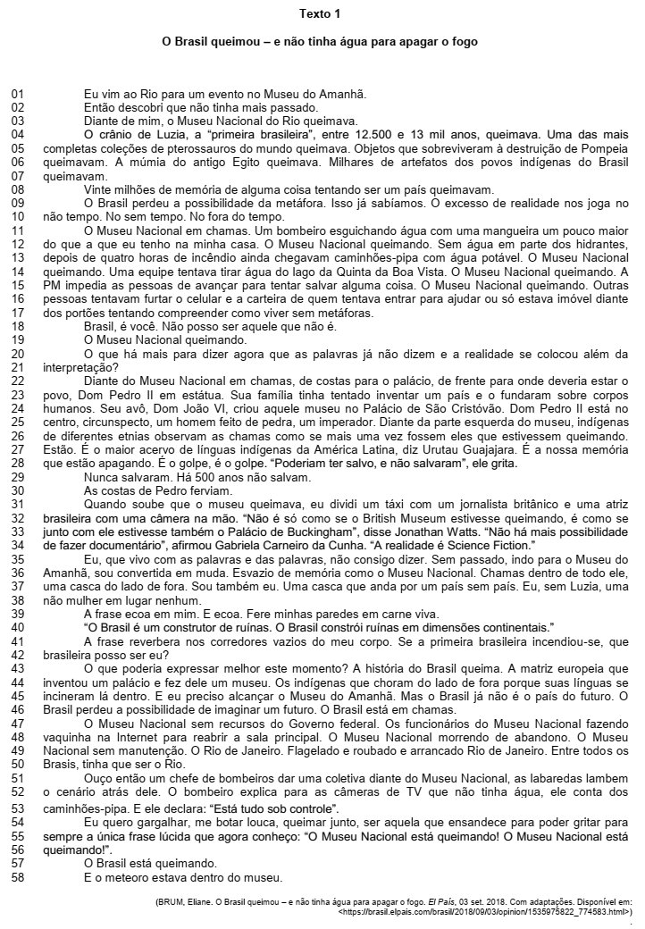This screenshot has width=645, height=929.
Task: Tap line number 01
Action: coord(18,94)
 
